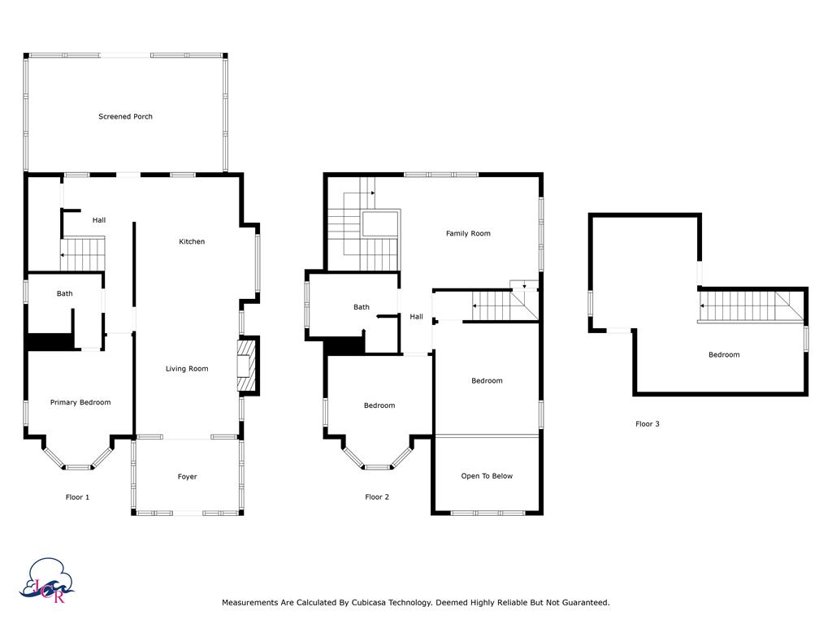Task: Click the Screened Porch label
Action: pos(125,116)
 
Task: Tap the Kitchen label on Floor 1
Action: pos(192,241)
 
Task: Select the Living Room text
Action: pos(187,369)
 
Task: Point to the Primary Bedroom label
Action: pos(80,402)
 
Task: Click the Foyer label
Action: pos(188,476)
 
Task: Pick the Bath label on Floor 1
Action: pos(65,293)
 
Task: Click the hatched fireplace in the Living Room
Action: pos(245,366)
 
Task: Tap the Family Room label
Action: pos(468,233)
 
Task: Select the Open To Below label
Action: pos(487,476)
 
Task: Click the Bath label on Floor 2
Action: pos(362,307)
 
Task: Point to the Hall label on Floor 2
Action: pos(417,317)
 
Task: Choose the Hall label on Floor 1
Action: pos(99,220)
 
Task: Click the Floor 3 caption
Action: pos(648,424)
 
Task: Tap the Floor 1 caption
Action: pos(77,497)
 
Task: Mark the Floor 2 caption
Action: pos(377,497)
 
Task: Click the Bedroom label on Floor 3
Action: pos(724,355)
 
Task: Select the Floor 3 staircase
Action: pos(751,306)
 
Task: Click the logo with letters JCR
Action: pos(46,581)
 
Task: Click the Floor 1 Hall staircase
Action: pos(83,254)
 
